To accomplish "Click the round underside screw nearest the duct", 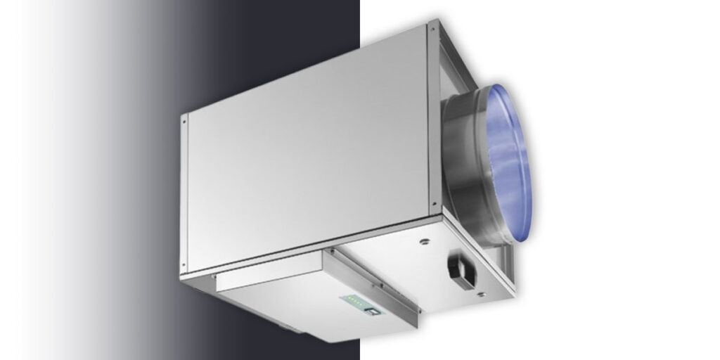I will click(424, 244).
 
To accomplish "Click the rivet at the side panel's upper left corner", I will click(185, 120).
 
